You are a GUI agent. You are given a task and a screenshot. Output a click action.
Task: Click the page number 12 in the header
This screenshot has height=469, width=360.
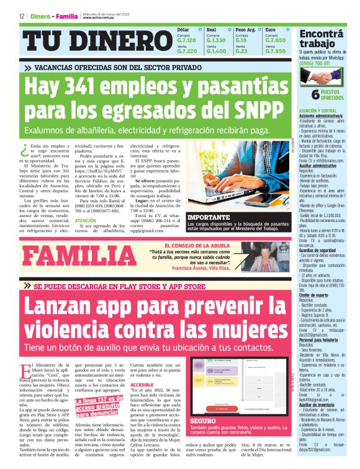pos(22,17)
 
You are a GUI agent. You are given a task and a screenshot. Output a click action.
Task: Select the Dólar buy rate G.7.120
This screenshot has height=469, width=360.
pos(187,40)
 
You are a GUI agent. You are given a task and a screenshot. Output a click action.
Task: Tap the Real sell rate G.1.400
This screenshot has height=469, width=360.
pos(216,51)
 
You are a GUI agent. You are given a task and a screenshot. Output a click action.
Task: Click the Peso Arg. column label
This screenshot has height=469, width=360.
pos(245,29)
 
